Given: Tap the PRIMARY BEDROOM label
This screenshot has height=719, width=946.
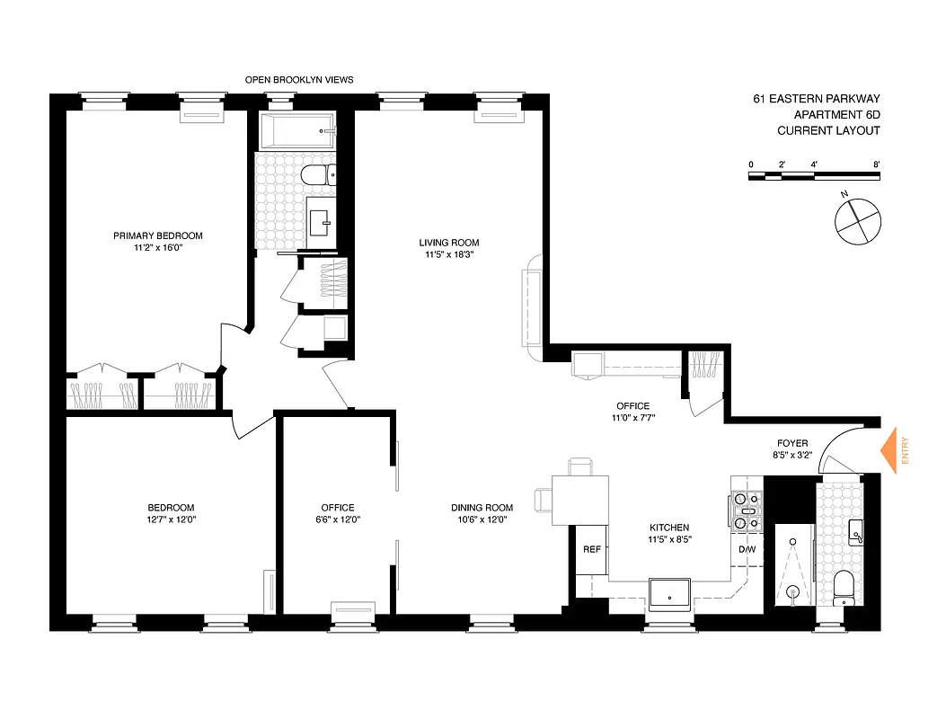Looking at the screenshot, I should pyautogui.click(x=158, y=235).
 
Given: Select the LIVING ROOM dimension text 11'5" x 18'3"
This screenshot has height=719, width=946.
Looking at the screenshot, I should pyautogui.click(x=449, y=254).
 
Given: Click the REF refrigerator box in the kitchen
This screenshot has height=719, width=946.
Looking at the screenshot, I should pyautogui.click(x=591, y=549).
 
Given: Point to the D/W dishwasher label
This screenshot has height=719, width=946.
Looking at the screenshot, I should pyautogui.click(x=747, y=549).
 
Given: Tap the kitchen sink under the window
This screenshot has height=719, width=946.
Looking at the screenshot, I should pyautogui.click(x=669, y=592).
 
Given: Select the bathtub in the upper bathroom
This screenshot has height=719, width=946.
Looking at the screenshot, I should pyautogui.click(x=297, y=131).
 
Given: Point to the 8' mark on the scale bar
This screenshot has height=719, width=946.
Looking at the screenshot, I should pyautogui.click(x=876, y=164).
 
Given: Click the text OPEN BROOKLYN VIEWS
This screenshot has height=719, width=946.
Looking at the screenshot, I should pyautogui.click(x=299, y=80).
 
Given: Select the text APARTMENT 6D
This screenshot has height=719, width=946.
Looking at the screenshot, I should pyautogui.click(x=835, y=114).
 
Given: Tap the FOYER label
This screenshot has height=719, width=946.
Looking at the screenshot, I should pyautogui.click(x=793, y=443).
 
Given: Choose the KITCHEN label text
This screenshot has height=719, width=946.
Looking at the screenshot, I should pyautogui.click(x=669, y=528).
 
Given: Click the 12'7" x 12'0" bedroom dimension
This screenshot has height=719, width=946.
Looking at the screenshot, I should pyautogui.click(x=171, y=519).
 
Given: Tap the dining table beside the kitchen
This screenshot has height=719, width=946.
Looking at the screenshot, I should pyautogui.click(x=579, y=500).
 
